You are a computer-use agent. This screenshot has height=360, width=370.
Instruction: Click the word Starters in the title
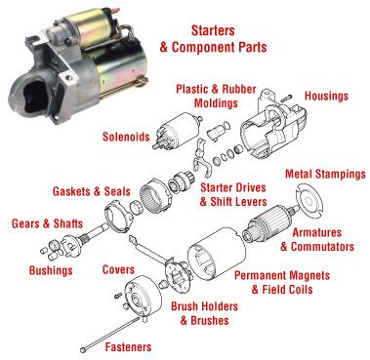213,30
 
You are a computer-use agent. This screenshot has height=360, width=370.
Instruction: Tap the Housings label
326,96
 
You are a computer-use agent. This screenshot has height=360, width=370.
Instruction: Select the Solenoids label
126,137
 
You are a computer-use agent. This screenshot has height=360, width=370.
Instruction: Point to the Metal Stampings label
325,175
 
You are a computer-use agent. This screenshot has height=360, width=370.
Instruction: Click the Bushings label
51,270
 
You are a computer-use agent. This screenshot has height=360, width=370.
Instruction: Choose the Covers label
118,269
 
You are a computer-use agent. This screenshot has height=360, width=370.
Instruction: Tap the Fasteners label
128,347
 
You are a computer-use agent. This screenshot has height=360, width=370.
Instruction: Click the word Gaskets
72,191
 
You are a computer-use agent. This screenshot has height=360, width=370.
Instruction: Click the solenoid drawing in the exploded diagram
177,131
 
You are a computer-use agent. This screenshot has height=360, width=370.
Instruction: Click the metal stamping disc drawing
309,201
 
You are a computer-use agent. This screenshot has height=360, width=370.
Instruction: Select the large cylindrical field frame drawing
217,256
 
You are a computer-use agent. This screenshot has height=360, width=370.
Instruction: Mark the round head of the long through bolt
83,350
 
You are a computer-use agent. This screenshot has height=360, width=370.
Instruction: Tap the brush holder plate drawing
178,272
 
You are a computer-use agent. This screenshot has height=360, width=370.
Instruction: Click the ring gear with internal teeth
155,196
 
